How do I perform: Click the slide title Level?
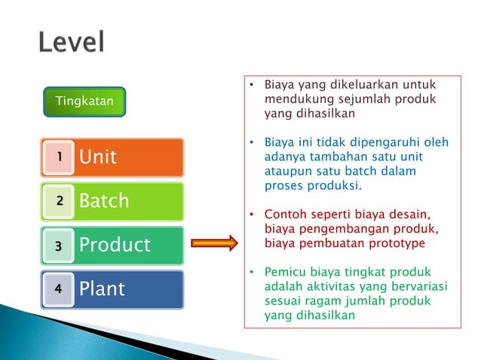(x=72, y=42)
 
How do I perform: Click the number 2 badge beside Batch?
(x=57, y=200)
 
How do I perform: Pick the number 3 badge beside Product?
(x=57, y=245)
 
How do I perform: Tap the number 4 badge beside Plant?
(x=57, y=288)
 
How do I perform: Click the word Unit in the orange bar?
(x=98, y=157)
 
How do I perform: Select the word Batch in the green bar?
(x=104, y=201)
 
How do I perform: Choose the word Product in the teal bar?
(x=115, y=246)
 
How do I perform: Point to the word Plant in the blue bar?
(x=102, y=289)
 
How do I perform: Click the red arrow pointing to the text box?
(x=214, y=243)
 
